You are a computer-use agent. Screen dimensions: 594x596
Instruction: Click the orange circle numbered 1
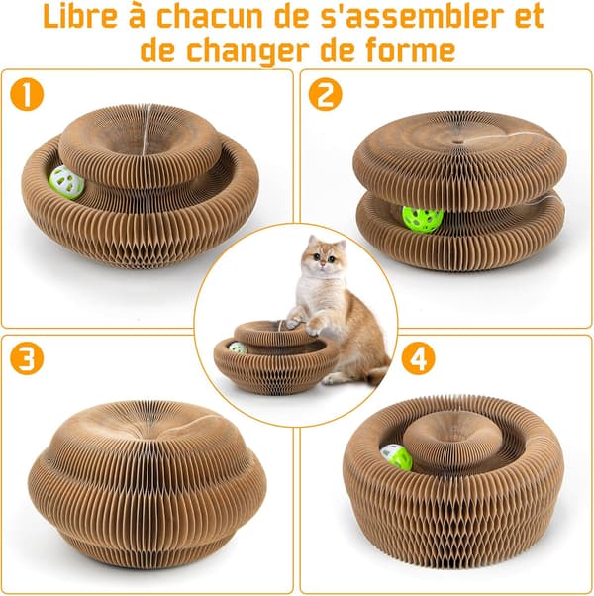(27, 94)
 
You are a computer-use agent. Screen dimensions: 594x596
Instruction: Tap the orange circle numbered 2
(325, 94)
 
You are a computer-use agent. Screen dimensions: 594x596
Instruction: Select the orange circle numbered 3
(27, 358)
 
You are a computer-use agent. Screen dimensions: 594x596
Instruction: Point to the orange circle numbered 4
(419, 358)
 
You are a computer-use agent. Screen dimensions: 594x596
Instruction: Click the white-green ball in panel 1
(66, 182)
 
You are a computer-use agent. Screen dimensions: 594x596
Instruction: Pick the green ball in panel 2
(423, 220)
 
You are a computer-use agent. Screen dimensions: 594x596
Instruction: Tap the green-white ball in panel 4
(396, 456)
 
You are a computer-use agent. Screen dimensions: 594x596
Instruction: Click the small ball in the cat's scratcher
(238, 348)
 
